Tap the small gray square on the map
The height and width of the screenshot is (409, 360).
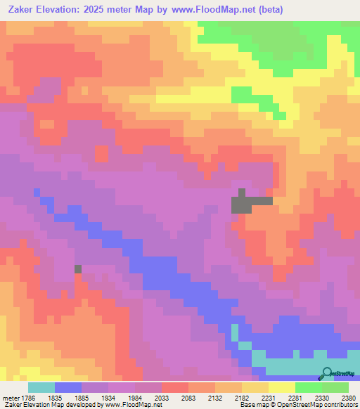pyautogui.click(x=78, y=268)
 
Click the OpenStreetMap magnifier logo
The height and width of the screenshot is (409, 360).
pyautogui.click(x=327, y=373)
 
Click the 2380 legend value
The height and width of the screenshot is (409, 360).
pyautogui.click(x=349, y=397)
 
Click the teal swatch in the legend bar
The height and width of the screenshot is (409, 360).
pyautogui.click(x=41, y=387)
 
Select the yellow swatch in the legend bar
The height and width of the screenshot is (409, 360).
pyautogui.click(x=282, y=387)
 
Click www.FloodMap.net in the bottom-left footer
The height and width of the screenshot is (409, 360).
pyautogui.click(x=128, y=405)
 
